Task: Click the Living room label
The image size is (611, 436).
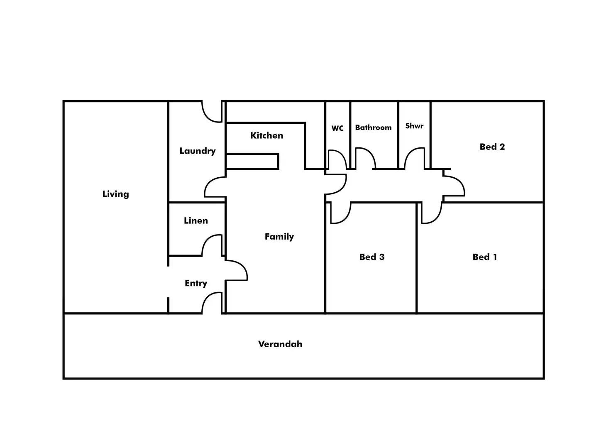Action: click(x=115, y=194)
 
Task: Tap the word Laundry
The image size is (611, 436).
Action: click(x=197, y=151)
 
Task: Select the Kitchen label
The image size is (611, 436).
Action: click(x=266, y=135)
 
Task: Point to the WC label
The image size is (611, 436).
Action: click(x=337, y=128)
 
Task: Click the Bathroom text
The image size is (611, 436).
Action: click(x=373, y=127)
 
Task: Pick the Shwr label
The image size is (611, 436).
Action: click(x=414, y=126)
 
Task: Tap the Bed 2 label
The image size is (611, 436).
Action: click(x=492, y=147)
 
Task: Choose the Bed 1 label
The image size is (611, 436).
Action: click(x=484, y=257)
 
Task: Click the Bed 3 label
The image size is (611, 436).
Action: click(x=371, y=257)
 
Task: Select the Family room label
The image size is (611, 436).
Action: click(x=279, y=237)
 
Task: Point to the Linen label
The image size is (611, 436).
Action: click(x=196, y=220)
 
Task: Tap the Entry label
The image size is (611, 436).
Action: click(x=196, y=283)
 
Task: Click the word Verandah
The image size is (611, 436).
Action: click(x=280, y=344)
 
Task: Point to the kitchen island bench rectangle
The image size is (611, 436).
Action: click(x=252, y=161)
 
